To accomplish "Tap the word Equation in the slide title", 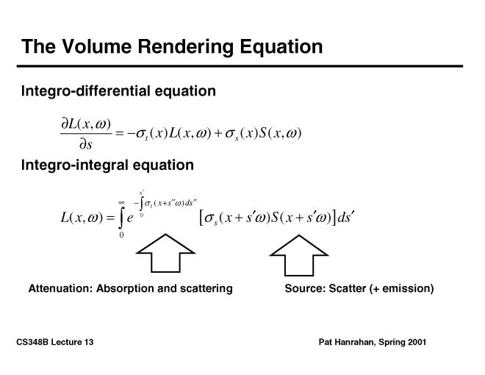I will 282,47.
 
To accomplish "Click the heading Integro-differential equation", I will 118,91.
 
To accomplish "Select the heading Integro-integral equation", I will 107,165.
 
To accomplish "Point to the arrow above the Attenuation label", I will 165,254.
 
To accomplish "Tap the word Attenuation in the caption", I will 61,289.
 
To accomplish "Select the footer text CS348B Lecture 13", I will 54,343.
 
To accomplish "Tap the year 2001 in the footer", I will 414,343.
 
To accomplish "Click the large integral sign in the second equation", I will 121,218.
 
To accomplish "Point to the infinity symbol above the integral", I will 121,201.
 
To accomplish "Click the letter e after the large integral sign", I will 130,220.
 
